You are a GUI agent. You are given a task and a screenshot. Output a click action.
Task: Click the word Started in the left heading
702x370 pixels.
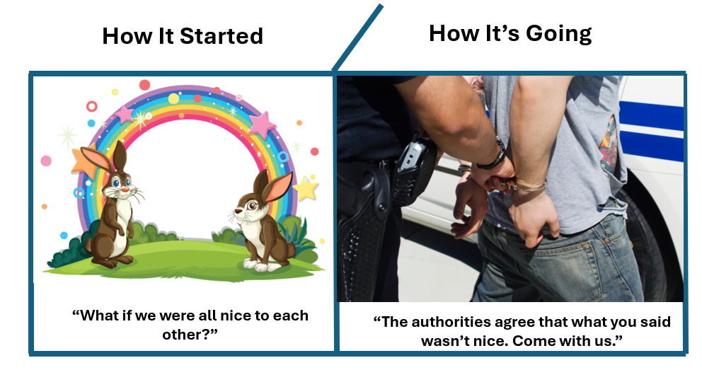(221, 36)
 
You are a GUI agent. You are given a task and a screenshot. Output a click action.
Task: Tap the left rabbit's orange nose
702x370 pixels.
(125, 190)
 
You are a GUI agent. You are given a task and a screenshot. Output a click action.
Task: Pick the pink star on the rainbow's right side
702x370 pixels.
(263, 124)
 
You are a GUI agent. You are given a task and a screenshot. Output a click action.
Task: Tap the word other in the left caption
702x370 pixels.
(182, 335)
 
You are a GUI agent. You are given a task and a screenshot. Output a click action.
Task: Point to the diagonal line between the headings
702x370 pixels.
(357, 37)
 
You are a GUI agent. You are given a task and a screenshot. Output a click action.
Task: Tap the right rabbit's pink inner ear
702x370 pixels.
(277, 186)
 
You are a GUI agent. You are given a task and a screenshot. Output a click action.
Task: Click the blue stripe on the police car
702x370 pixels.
(651, 116)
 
